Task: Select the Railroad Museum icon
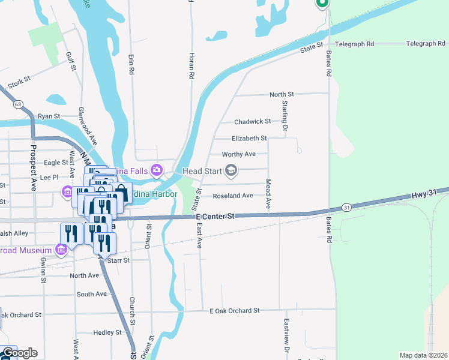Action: [x=61, y=249]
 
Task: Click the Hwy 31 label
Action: [x=423, y=195]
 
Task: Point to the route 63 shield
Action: [x=19, y=104]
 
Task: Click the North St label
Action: [x=282, y=94]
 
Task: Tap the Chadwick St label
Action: [x=253, y=121]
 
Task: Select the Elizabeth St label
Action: [x=249, y=138]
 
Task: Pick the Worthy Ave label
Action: [x=239, y=154]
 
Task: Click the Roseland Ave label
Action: [x=234, y=196]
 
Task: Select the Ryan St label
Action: [x=49, y=116]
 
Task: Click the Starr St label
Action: [x=118, y=260]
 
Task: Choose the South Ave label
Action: [x=91, y=294]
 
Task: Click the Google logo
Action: [x=19, y=353]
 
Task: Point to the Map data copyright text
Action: [x=423, y=355]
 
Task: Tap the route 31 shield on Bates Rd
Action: [x=347, y=207]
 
